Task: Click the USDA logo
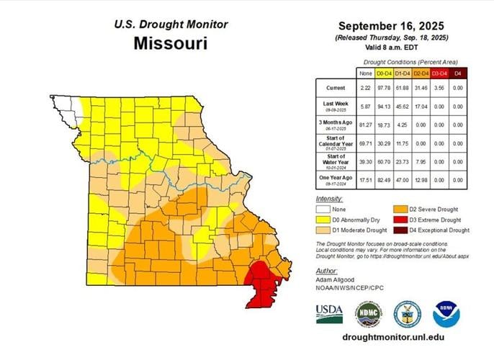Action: (329, 313)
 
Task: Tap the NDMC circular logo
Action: (368, 314)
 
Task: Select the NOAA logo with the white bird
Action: (446, 314)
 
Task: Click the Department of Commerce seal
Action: (408, 314)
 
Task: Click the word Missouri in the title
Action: (171, 43)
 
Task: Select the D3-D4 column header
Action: (439, 73)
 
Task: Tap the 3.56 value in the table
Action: (439, 87)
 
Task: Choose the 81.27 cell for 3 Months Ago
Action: (365, 125)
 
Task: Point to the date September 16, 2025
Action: (394, 24)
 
